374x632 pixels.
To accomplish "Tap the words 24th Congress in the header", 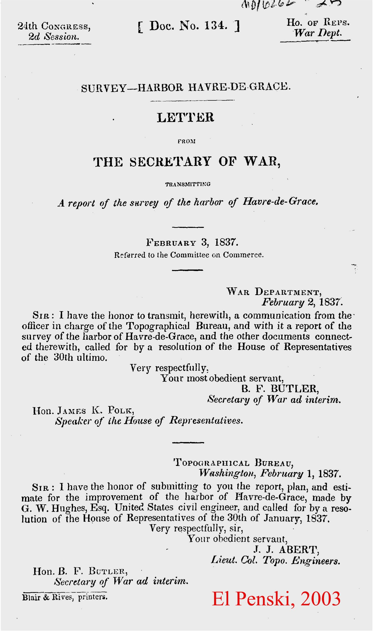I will coord(54,26).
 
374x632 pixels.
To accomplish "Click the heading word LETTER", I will coord(185,117).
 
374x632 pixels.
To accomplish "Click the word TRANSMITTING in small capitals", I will coord(188,184).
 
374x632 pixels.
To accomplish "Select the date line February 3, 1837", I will coord(192,242).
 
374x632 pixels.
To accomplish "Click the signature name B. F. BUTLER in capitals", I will coord(280,389).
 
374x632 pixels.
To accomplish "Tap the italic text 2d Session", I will coord(54,37).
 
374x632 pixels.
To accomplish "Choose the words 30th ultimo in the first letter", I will coord(80,358).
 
